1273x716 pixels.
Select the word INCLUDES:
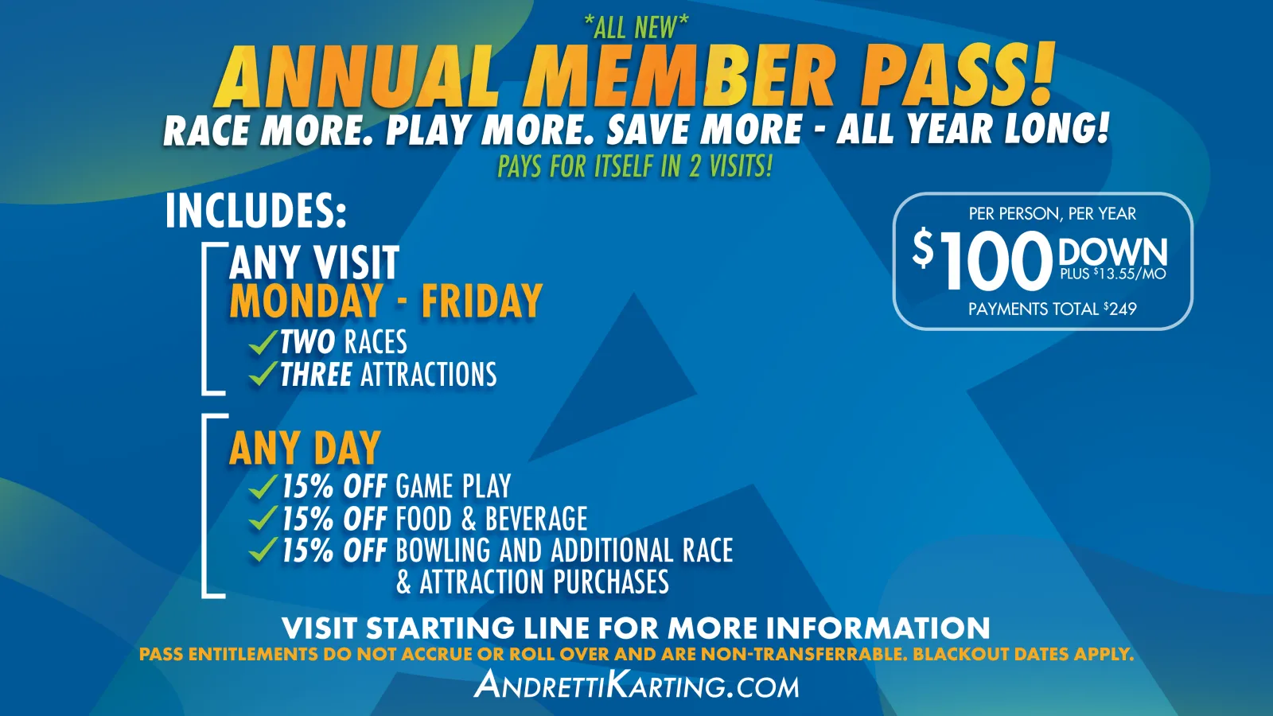tap(255, 211)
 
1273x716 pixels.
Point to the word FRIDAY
tap(481, 301)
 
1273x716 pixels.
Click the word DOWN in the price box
tap(1113, 251)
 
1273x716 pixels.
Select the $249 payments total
tap(1120, 309)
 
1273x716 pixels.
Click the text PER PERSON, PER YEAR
tap(1053, 214)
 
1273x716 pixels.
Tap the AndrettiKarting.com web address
tap(636, 685)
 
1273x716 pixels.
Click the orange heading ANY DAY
tap(305, 448)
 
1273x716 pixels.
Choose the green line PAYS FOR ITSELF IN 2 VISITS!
tap(635, 166)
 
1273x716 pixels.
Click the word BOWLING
tap(442, 550)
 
